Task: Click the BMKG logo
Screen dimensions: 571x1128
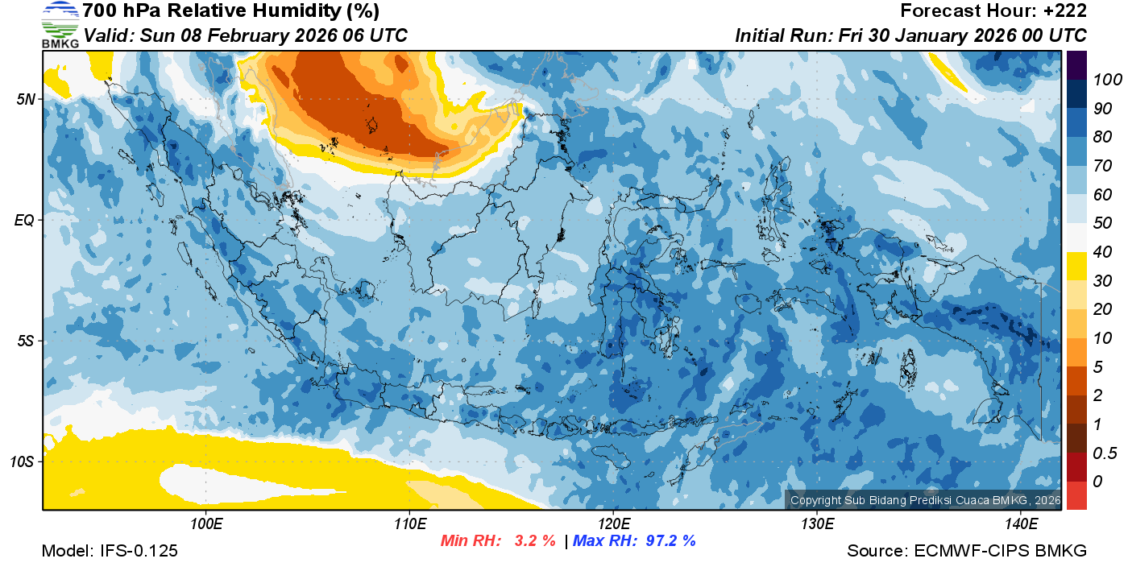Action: (60, 25)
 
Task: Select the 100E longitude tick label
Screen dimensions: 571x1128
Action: (205, 524)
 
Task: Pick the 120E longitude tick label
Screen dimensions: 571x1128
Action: (613, 524)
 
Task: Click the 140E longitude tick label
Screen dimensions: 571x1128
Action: (1021, 524)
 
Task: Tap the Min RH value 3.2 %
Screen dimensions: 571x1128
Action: (535, 540)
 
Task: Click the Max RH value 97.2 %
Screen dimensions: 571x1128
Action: (670, 540)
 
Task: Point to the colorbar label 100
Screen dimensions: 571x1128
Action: (1102, 80)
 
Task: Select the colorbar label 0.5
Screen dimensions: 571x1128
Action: (1102, 453)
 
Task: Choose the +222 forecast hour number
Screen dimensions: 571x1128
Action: (1067, 11)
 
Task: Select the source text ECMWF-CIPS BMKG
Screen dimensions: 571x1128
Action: (1000, 551)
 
